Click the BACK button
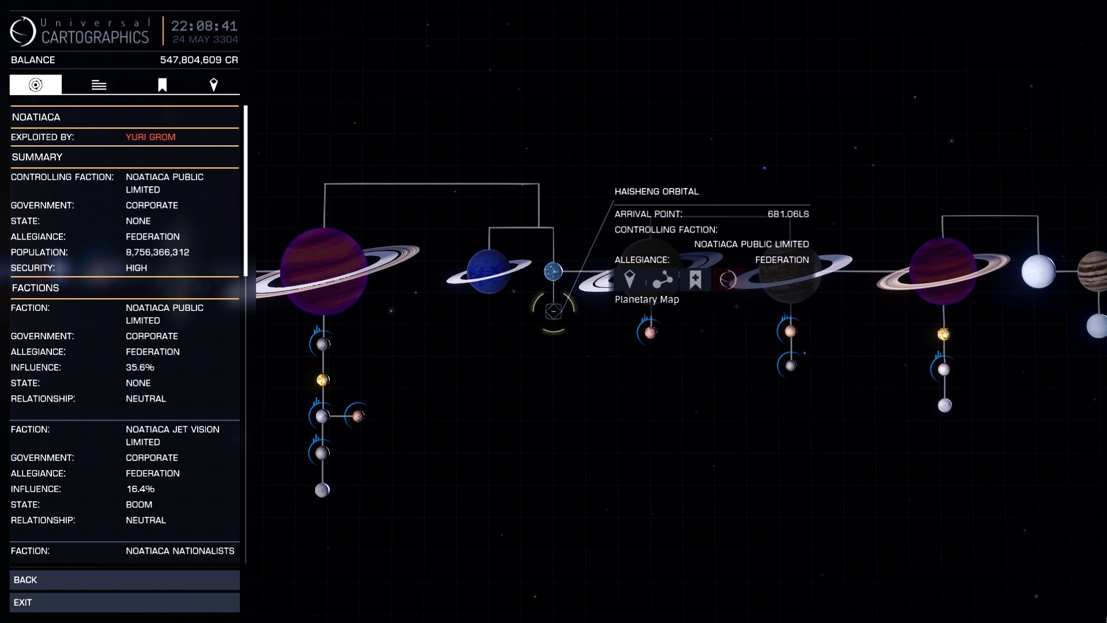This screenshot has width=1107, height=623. [125, 580]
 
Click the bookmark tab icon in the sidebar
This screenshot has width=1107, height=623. [163, 85]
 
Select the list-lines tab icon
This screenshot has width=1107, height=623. [99, 85]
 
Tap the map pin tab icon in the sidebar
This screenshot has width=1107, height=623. [214, 85]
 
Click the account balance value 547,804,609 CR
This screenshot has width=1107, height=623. [199, 60]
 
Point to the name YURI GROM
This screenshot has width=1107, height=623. [150, 137]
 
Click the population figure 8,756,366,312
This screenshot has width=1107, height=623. [157, 253]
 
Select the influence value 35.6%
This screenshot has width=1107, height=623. [140, 367]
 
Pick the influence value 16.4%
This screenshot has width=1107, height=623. [141, 489]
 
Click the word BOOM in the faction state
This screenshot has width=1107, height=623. [139, 505]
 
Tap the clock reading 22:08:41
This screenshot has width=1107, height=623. [204, 26]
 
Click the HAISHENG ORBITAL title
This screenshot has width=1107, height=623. [657, 192]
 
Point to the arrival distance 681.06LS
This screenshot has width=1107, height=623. [788, 214]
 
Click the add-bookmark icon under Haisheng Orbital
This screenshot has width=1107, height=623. [695, 280]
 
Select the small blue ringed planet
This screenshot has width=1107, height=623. [489, 271]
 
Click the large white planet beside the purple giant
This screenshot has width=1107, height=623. [1038, 272]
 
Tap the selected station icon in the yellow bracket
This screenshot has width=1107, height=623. [553, 311]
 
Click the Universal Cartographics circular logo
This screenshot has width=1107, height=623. [23, 31]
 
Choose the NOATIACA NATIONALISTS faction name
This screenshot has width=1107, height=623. [180, 551]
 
